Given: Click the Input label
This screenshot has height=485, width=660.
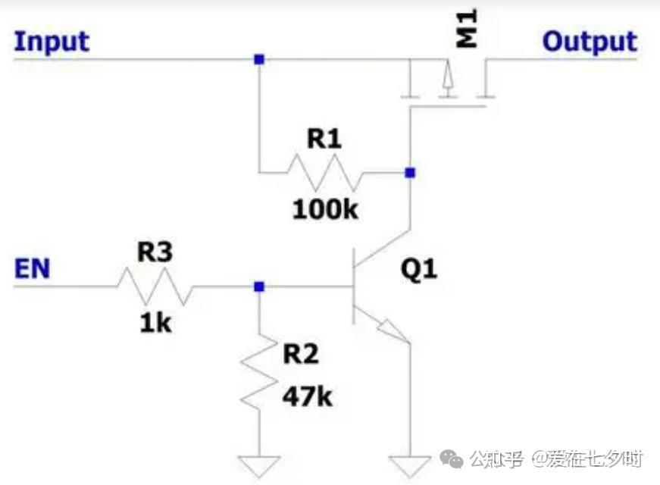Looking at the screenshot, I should (x=52, y=41).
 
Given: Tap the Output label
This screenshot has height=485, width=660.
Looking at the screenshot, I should (x=590, y=41).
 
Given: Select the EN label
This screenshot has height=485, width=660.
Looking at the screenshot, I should (x=32, y=268).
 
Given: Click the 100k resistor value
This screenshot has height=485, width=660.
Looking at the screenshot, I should (x=325, y=209).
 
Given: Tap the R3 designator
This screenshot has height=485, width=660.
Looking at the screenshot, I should (x=155, y=253).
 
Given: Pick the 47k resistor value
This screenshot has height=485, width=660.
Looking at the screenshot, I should (x=308, y=396).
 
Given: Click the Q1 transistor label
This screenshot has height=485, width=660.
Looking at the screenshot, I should (x=419, y=269).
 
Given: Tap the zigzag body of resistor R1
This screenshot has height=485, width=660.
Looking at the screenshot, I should (x=324, y=174).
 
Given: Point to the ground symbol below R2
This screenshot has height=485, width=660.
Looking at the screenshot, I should (x=258, y=464).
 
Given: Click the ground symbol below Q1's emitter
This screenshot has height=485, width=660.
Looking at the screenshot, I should (x=409, y=464).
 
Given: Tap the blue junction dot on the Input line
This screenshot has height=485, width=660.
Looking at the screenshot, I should (x=259, y=59).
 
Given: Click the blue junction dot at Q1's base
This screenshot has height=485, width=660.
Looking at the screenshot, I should (x=259, y=286).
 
